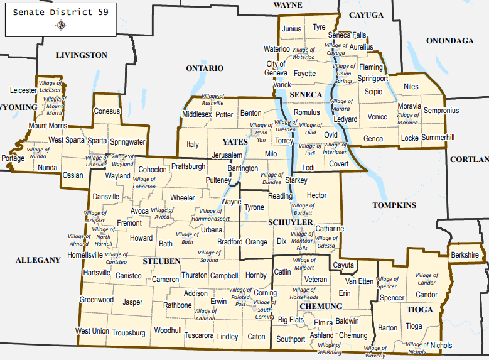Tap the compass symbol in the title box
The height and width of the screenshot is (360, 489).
click(x=61, y=25)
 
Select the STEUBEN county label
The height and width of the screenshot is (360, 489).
click(x=161, y=260)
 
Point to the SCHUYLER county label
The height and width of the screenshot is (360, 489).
click(x=290, y=223)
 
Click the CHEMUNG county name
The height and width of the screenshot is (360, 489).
click(x=321, y=307)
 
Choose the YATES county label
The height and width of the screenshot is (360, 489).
click(x=235, y=142)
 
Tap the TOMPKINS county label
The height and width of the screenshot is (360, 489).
click(x=394, y=205)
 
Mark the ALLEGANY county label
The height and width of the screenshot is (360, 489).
click(x=38, y=259)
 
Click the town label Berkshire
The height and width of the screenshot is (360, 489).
click(x=465, y=254)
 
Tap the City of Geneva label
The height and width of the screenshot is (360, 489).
click(x=276, y=68)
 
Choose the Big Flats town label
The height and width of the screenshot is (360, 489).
click(x=291, y=320)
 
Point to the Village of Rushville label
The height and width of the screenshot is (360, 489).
click(x=213, y=99)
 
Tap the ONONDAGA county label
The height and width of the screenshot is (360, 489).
click(x=449, y=41)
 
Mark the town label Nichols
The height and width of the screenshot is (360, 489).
click(x=441, y=345)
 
